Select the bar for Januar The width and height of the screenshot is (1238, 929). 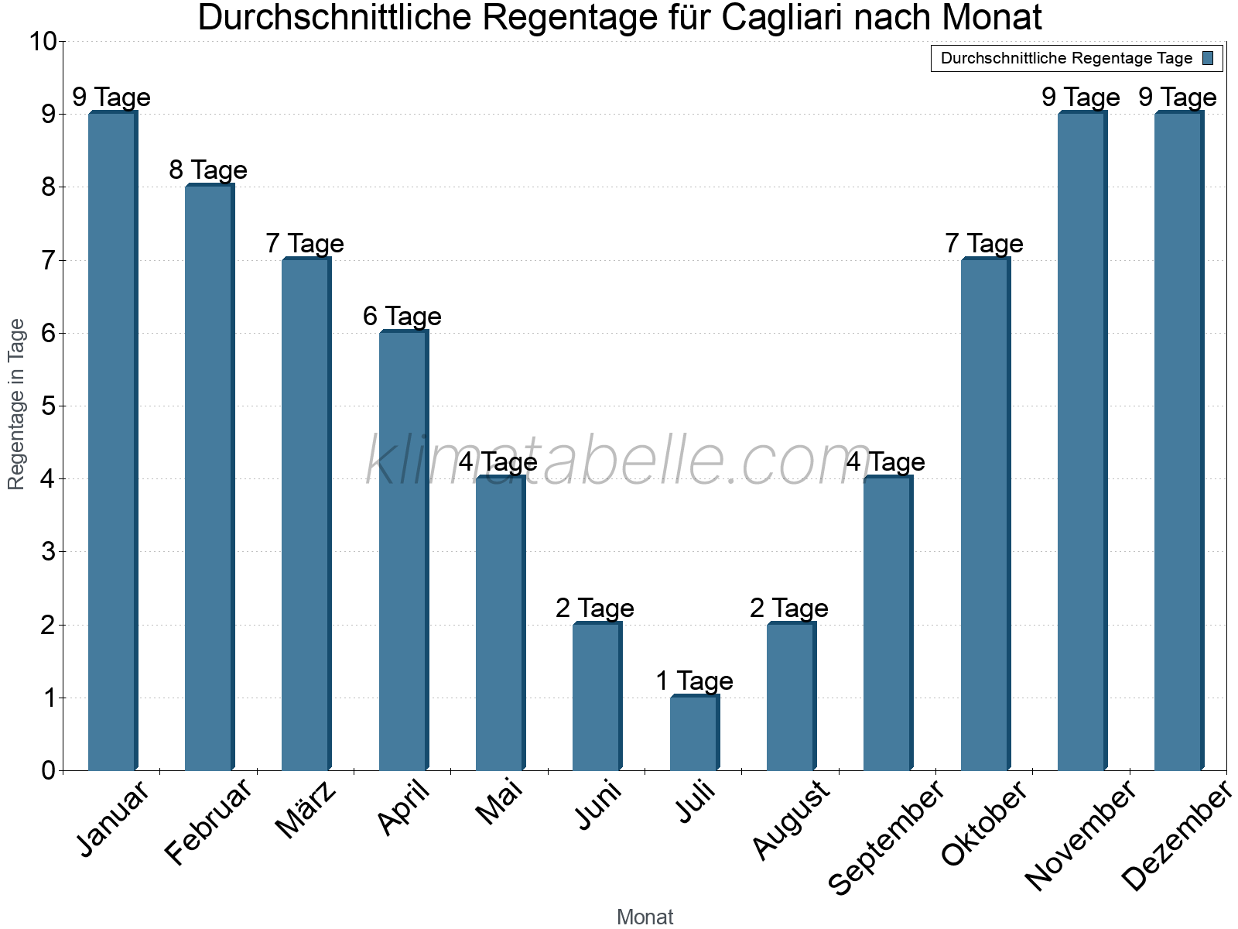pos(113,441)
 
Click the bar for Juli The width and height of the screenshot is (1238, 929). pos(694,733)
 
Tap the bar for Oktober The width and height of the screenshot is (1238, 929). pos(985,514)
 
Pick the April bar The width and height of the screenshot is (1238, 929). pos(403,550)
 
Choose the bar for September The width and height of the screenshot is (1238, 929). pos(887,623)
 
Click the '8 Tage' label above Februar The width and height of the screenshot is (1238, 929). pos(208,170)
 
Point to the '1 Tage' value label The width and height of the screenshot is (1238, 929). pos(694,680)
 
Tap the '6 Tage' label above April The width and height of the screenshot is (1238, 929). pos(402,316)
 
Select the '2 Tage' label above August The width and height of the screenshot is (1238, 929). pos(789,608)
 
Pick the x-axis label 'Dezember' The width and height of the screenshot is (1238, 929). pos(1176,836)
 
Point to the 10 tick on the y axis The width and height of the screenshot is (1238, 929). pos(43,42)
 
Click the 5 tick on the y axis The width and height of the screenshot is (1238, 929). pos(48,406)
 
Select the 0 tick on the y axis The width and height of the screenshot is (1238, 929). pos(48,770)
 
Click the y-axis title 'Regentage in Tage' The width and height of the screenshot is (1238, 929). pos(17,404)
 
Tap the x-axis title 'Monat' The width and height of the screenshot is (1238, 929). pos(645,917)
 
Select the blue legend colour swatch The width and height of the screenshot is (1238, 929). pos(1208,58)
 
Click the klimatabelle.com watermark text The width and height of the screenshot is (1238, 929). pos(619,461)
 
